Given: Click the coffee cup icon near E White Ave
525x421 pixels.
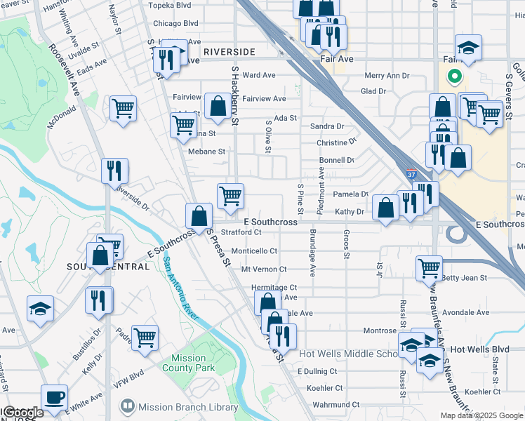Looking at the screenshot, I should (55, 397).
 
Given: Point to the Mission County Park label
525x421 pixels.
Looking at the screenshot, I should (187, 363).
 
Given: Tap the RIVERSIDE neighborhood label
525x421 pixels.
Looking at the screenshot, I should (230, 52).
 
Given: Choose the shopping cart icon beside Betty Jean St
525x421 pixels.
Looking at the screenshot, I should (429, 267).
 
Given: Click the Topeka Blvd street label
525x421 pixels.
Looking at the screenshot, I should (172, 4).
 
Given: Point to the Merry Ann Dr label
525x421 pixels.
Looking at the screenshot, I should (387, 76).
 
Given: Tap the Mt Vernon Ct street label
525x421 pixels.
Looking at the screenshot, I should (263, 269).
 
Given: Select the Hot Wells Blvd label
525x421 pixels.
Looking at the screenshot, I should (479, 349).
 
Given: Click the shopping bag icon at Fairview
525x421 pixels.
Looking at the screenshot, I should (218, 107).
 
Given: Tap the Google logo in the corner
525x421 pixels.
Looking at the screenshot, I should (22, 413).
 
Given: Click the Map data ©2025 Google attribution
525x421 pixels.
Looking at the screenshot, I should (481, 415).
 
